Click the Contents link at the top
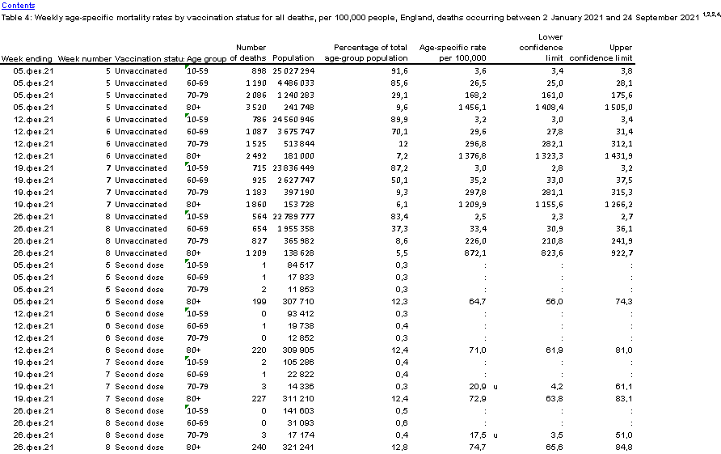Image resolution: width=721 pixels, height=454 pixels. pos(19,5)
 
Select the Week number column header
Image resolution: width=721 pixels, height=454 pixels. pos(84,58)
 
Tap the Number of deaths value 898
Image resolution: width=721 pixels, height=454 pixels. pos(257,71)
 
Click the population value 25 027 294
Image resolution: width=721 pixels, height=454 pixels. pos(293,71)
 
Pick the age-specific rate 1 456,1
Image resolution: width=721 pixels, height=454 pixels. pos(469,108)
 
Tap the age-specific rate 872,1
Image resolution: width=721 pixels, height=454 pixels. pos(473,253)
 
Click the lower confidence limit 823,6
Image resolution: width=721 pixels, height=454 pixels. pos(549,253)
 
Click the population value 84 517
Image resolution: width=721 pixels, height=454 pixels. pos(300,265)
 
